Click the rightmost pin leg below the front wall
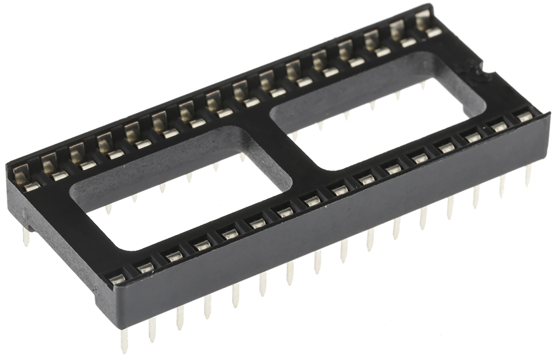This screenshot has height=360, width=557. pos(528,175)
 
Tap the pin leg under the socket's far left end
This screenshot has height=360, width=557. pos(26,237)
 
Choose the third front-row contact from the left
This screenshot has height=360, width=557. pos(173,255)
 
